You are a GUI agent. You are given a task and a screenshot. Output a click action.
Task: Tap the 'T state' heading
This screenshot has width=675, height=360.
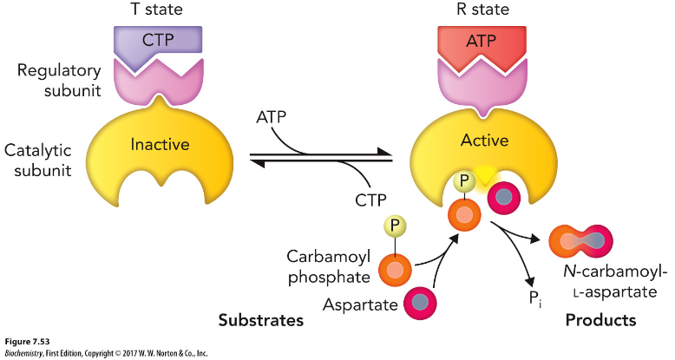click(158, 10)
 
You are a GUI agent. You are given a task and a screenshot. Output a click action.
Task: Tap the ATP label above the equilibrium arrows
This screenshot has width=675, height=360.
click(274, 116)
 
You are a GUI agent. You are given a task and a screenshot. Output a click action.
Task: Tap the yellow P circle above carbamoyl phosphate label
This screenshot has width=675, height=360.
click(395, 228)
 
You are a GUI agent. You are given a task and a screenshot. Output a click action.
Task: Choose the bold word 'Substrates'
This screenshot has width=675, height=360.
click(260, 321)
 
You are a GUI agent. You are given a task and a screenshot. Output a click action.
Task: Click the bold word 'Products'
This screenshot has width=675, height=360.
click(600, 320)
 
